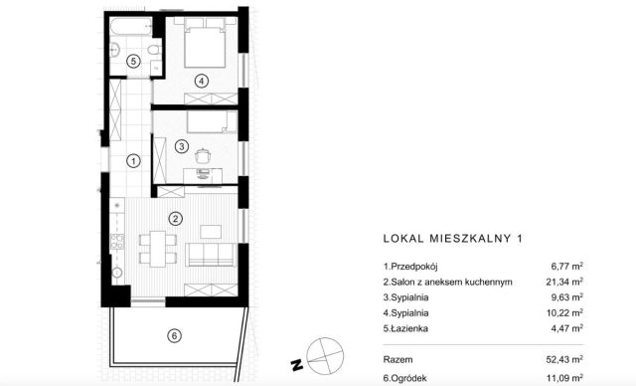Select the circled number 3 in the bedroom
click(x=181, y=147)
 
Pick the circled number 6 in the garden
click(x=174, y=336)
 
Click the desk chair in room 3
click(x=205, y=155)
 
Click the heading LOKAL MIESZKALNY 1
click(x=452, y=238)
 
